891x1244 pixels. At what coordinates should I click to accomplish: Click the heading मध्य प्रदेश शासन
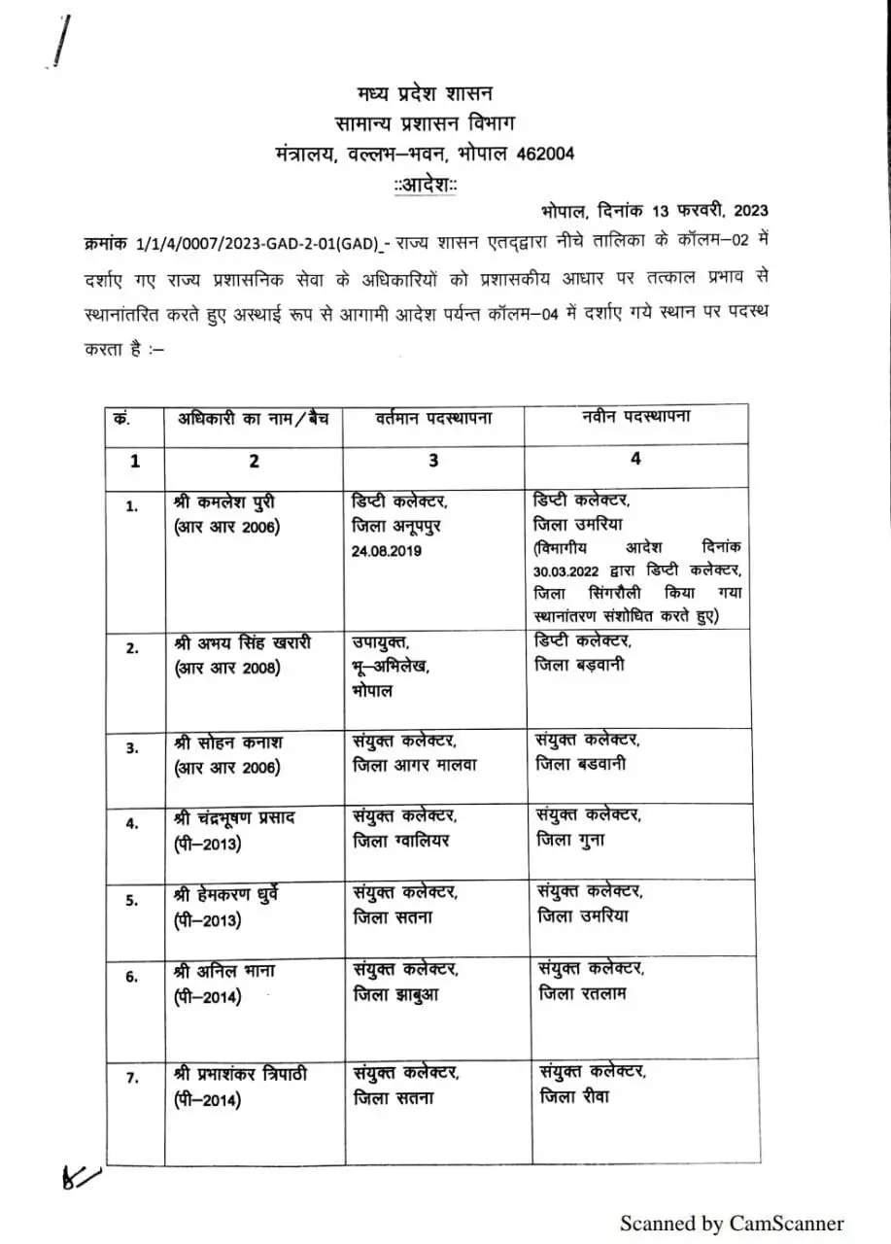[x=425, y=93]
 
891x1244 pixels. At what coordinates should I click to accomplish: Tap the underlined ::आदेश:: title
[x=426, y=184]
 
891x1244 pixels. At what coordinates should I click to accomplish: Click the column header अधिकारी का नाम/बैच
[x=253, y=419]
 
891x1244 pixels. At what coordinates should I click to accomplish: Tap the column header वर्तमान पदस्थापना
[x=433, y=419]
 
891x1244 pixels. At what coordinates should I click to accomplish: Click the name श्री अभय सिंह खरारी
[x=242, y=643]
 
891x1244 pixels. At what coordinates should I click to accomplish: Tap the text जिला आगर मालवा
[x=415, y=765]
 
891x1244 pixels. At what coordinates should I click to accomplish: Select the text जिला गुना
[x=569, y=840]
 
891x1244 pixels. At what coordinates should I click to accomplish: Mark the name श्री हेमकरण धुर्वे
[x=234, y=892]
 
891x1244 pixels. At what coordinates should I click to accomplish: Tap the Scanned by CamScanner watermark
[x=732, y=1224]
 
